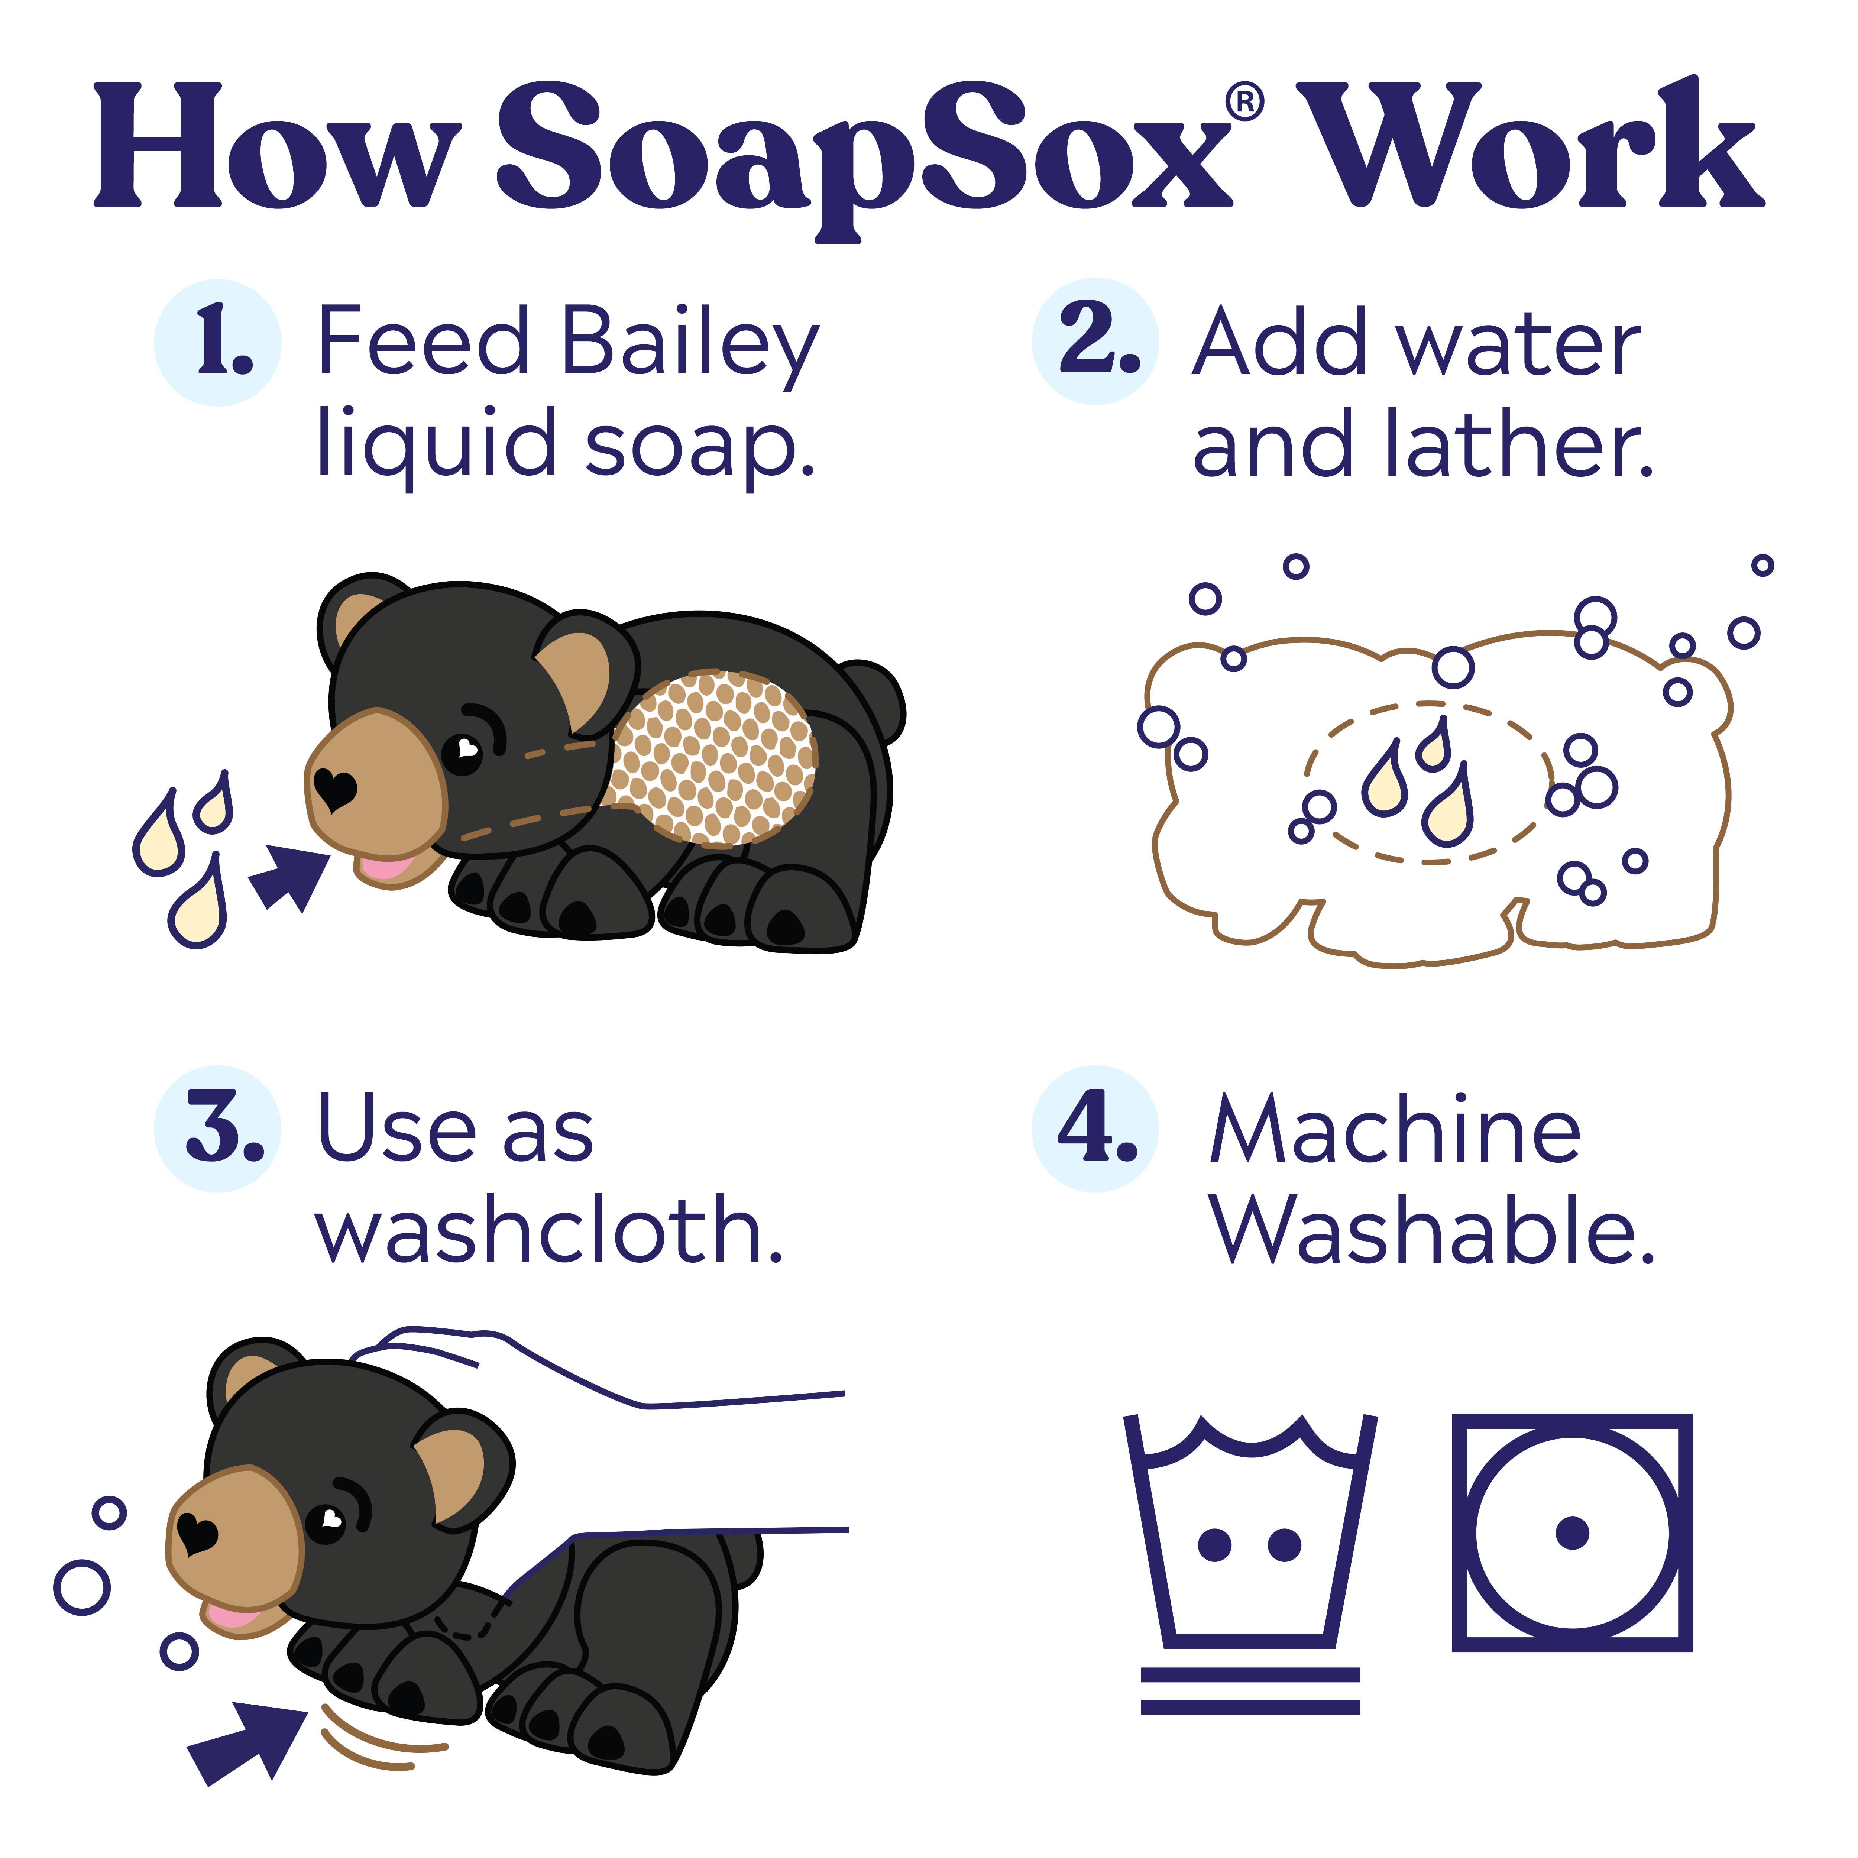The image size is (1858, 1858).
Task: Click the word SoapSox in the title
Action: (x=861, y=149)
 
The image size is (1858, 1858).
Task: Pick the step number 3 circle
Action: (x=217, y=1128)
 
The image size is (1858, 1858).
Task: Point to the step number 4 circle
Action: (x=1095, y=1128)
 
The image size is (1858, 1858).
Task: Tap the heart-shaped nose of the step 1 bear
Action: (x=335, y=789)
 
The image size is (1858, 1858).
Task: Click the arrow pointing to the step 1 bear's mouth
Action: (x=288, y=875)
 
